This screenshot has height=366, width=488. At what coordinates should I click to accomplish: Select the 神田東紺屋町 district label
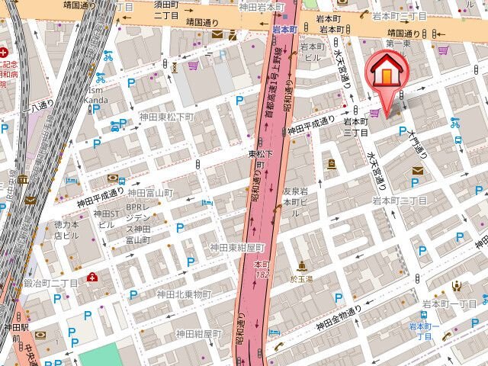click(237, 248)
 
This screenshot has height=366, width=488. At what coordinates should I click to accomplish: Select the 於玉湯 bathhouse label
click(303, 279)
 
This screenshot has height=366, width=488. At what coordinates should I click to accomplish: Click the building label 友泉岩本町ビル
click(294, 197)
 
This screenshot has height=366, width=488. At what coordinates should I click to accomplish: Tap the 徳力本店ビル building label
click(66, 230)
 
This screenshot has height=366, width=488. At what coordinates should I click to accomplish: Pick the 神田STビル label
click(105, 219)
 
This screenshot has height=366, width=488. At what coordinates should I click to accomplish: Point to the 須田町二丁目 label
click(166, 10)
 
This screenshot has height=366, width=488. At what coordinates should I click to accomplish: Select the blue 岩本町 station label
click(284, 30)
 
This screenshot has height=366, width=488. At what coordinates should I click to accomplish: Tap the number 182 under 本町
click(262, 274)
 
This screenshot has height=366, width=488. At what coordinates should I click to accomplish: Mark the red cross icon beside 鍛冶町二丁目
click(92, 277)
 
